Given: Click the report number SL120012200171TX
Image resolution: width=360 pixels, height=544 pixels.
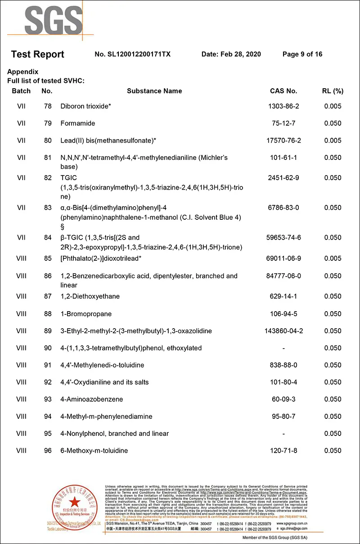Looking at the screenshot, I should tap(133, 54).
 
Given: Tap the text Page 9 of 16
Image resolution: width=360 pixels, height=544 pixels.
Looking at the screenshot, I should tap(302, 54).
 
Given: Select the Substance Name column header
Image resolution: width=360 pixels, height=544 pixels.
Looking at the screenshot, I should tap(154, 91).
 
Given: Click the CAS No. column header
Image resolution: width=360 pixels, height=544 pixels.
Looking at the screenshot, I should tap(283, 91).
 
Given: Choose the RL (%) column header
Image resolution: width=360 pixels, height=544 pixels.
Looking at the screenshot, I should tap(333, 91).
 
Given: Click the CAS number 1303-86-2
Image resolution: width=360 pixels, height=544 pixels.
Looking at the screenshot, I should tap(283, 106).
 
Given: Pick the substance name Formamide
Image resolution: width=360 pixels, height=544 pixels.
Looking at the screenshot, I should tap(78, 123).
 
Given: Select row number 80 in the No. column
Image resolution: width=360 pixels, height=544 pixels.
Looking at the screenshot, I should tap(48, 141).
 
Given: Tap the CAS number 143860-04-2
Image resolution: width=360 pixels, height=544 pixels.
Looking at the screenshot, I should tap(283, 331).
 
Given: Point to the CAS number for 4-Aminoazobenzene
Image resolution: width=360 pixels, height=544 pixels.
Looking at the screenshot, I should tap(283, 399).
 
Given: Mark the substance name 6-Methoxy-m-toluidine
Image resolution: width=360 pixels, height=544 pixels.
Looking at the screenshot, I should tap(94, 451).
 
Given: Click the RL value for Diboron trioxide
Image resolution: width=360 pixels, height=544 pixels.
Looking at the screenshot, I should tap(333, 106).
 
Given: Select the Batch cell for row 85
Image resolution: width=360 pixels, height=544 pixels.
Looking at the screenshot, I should tap(21, 258).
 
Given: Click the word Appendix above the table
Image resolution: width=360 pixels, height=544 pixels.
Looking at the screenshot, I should tap(23, 72).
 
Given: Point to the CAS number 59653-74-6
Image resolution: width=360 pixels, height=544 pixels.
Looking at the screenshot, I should tap(283, 238).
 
